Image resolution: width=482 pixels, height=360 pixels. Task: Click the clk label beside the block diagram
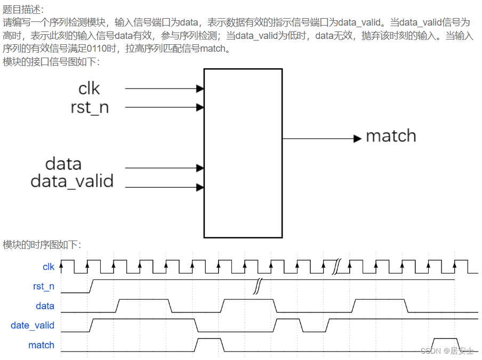click(x=89, y=89)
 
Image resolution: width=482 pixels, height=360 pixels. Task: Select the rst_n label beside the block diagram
click(x=90, y=107)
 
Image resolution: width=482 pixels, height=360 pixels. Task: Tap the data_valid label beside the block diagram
click(x=72, y=181)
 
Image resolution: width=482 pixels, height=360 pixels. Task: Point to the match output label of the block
click(x=391, y=136)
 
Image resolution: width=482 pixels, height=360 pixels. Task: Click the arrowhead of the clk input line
click(x=200, y=89)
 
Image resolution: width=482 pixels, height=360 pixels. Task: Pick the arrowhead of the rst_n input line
click(x=200, y=107)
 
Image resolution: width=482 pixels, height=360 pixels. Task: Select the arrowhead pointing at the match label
click(x=358, y=139)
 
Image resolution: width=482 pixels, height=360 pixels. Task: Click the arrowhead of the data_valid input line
click(x=200, y=187)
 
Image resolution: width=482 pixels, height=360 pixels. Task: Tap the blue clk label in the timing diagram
click(x=49, y=267)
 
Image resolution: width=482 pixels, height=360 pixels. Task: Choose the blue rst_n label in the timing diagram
click(x=44, y=286)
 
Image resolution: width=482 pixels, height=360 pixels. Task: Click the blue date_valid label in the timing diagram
click(x=33, y=325)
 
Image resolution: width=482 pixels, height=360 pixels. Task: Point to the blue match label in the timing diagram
click(x=41, y=345)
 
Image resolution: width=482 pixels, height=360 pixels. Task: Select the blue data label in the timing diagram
click(x=45, y=306)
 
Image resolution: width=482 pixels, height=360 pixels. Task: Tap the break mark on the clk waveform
click(x=337, y=267)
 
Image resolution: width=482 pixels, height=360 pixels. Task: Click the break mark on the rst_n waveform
click(x=258, y=286)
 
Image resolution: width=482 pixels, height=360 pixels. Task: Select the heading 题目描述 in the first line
click(x=23, y=10)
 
